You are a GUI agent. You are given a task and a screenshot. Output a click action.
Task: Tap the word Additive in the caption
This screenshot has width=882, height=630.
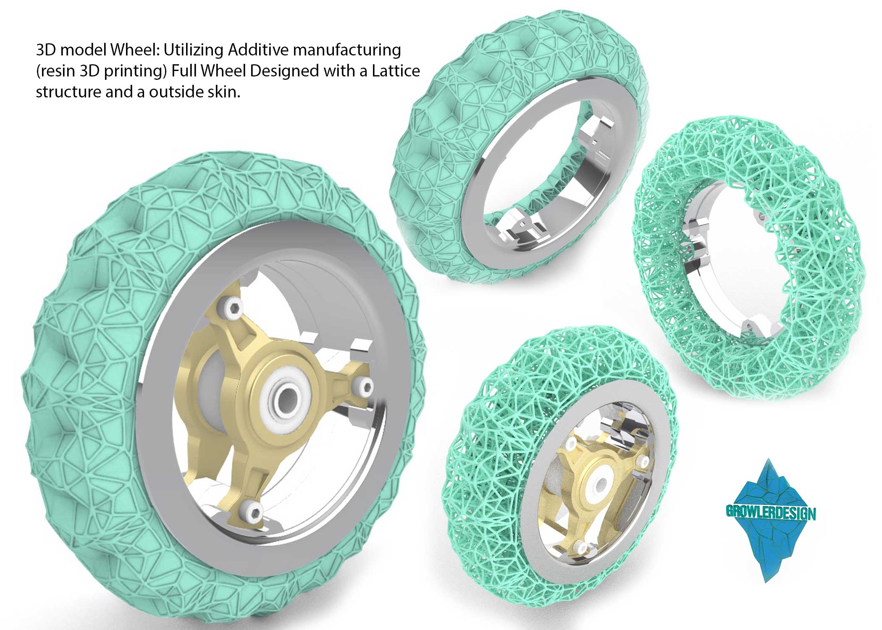tap(258, 50)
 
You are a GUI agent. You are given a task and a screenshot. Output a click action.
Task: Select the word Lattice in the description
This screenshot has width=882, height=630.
tap(396, 71)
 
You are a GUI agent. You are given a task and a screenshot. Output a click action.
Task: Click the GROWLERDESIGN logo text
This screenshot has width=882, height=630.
tap(771, 513)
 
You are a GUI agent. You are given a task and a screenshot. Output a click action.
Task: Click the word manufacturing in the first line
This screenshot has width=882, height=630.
tap(347, 50)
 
